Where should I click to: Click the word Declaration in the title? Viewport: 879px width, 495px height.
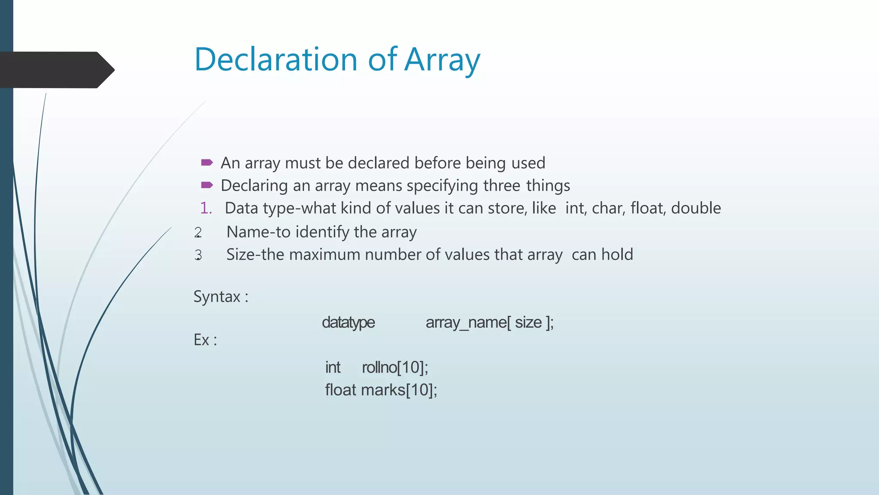point(276,59)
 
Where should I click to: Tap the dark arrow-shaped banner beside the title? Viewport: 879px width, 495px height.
point(56,70)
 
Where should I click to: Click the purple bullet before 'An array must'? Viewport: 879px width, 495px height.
point(207,162)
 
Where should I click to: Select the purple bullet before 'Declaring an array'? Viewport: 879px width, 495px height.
point(207,185)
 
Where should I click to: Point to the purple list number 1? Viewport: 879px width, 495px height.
point(206,208)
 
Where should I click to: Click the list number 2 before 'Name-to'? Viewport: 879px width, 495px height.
point(198,232)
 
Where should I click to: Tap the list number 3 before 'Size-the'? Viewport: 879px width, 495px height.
point(198,255)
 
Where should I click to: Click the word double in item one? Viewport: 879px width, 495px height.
point(696,208)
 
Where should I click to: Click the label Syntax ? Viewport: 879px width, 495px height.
point(221,296)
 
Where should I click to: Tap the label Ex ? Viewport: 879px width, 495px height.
point(205,340)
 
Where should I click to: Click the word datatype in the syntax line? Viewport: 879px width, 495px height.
point(348,322)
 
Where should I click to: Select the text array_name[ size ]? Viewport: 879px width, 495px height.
point(490,322)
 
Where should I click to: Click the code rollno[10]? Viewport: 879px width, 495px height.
point(395,367)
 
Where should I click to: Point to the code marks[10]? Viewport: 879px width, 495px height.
point(399,390)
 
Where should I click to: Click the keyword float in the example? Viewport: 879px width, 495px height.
point(340,390)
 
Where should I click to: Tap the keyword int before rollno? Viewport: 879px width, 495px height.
point(333,367)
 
